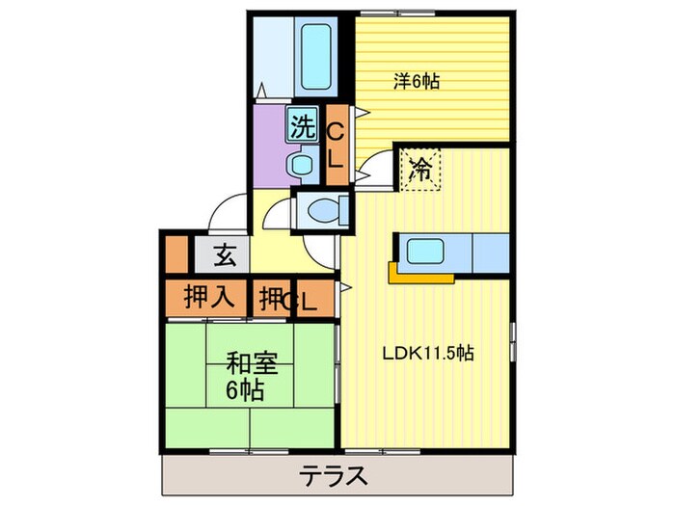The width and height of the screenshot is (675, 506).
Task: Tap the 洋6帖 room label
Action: pos(417,82)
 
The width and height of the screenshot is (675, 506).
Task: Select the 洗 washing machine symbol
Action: pos(303,124)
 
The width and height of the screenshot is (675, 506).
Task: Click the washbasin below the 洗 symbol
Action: pos(302,164)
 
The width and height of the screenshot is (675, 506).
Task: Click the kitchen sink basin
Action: pos(424,252)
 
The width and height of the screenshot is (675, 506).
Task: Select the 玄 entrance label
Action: pos(224,256)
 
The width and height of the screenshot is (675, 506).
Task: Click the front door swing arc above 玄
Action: pos(229,214)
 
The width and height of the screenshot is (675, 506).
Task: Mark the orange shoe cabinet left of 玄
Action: pos(175,256)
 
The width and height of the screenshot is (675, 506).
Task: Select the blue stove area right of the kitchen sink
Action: pos(490,253)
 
